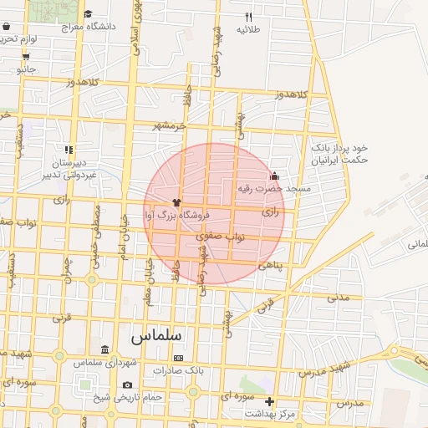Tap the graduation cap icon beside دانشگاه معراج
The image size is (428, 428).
[x=89, y=14]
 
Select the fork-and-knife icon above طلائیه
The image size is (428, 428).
[x=248, y=17]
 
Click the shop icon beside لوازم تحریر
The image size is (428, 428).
[x=25, y=56]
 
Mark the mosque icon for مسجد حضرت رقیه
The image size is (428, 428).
[x=273, y=176]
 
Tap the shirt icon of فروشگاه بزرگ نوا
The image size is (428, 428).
[x=176, y=202]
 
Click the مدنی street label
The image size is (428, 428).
[x=338, y=298]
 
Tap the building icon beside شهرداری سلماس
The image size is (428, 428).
[x=104, y=349]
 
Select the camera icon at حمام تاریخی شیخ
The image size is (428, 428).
[x=127, y=385]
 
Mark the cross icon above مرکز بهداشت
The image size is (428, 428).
[x=268, y=401]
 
